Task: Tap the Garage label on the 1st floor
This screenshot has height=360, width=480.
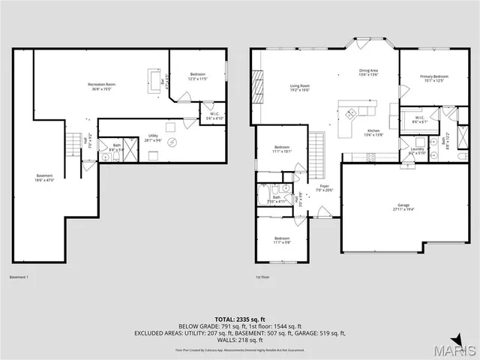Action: pyautogui.click(x=403, y=206)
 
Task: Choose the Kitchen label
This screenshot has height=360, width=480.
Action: pyautogui.click(x=373, y=133)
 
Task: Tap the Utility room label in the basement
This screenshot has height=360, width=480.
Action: pyautogui.click(x=153, y=137)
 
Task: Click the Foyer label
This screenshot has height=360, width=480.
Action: pyautogui.click(x=324, y=187)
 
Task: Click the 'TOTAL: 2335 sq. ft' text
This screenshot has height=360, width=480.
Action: pyautogui.click(x=239, y=319)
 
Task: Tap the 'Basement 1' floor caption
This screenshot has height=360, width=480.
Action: pyautogui.click(x=19, y=277)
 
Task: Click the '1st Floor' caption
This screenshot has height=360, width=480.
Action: pyautogui.click(x=262, y=277)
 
